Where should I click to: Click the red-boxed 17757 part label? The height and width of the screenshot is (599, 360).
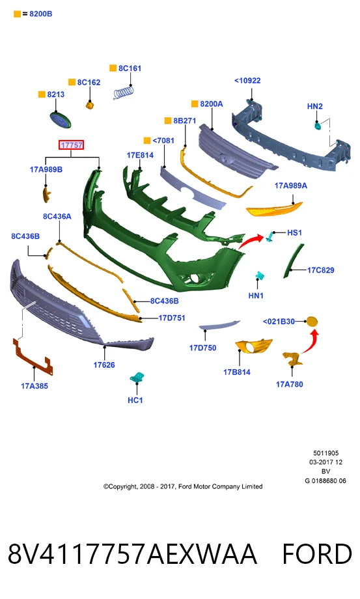pyautogui.click(x=71, y=145)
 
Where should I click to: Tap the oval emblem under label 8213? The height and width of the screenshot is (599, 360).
pyautogui.click(x=61, y=120)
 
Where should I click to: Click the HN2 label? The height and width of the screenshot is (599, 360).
pyautogui.click(x=314, y=106)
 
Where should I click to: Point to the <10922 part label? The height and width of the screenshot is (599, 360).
pyautogui.click(x=247, y=81)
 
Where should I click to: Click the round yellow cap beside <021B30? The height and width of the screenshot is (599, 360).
pyautogui.click(x=312, y=322)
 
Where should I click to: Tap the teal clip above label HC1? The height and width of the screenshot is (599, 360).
pyautogui.click(x=136, y=378)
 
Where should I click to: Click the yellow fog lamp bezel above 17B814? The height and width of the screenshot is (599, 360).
pyautogui.click(x=253, y=346)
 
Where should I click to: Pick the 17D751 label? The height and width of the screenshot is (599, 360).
pyautogui.click(x=172, y=318)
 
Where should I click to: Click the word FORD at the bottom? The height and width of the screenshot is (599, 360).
pyautogui.click(x=317, y=554)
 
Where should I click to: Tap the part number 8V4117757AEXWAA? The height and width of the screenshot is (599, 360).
pyautogui.click(x=132, y=554)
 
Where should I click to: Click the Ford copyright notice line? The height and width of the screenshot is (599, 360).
pyautogui.click(x=183, y=486)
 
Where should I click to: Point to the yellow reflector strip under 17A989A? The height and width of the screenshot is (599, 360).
pyautogui.click(x=274, y=209)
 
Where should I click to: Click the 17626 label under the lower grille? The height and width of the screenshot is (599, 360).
pyautogui.click(x=104, y=365)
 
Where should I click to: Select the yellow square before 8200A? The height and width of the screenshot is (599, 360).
pyautogui.click(x=195, y=104)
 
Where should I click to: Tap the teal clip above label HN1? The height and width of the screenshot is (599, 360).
pyautogui.click(x=260, y=275)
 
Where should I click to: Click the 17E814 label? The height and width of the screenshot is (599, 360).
pyautogui.click(x=140, y=155)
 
